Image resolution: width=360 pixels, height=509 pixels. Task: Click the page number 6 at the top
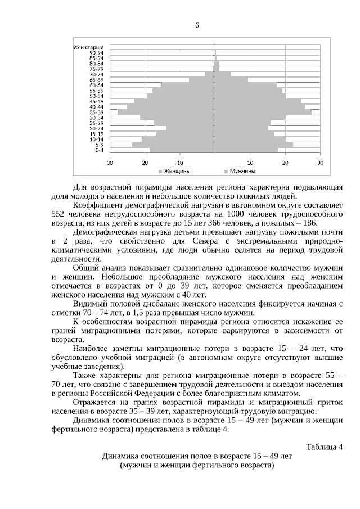pos(197,25)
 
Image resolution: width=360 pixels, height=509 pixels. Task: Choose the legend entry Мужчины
pos(242,170)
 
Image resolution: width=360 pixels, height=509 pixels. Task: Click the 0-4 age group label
pos(99,150)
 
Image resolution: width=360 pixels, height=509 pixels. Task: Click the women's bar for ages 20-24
pos(191,128)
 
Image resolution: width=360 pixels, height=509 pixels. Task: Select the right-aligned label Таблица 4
pos(324,447)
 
